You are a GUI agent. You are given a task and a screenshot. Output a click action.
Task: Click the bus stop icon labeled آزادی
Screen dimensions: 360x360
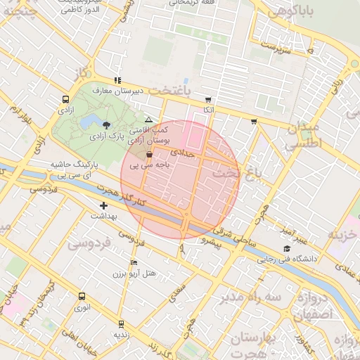(x=65, y=100)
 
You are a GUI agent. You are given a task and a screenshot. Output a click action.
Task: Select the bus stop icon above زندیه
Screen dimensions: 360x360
(x=122, y=324)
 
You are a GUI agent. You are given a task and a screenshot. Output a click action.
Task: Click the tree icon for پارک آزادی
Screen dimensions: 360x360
(x=106, y=122)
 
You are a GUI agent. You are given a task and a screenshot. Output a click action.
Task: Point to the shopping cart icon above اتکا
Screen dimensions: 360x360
(x=208, y=100)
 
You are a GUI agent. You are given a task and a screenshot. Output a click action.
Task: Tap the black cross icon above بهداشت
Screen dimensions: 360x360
(x=104, y=206)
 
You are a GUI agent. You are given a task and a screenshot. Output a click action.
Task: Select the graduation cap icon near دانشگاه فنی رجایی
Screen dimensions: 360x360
(x=286, y=249)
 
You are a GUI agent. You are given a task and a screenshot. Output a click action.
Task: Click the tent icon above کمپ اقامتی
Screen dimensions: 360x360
(x=148, y=120)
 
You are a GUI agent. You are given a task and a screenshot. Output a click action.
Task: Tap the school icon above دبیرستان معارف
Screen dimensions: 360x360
(x=117, y=80)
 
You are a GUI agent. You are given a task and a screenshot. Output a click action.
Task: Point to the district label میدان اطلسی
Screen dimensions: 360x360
(x=303, y=134)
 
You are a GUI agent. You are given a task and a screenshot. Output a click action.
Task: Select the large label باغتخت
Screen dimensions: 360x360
(x=170, y=91)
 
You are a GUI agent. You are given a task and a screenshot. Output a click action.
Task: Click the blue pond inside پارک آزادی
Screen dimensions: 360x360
(x=89, y=122)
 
